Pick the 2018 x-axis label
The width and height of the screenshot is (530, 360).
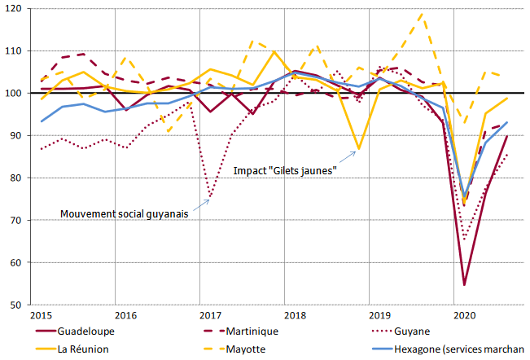(x=295, y=315)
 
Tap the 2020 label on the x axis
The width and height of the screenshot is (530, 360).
(x=464, y=315)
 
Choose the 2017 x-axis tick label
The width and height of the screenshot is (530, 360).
(x=210, y=315)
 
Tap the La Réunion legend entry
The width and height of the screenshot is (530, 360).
(x=81, y=348)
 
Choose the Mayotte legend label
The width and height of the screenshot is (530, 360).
(x=247, y=348)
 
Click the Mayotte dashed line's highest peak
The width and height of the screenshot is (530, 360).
(x=422, y=14)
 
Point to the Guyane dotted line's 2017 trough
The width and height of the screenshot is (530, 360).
(x=210, y=196)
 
